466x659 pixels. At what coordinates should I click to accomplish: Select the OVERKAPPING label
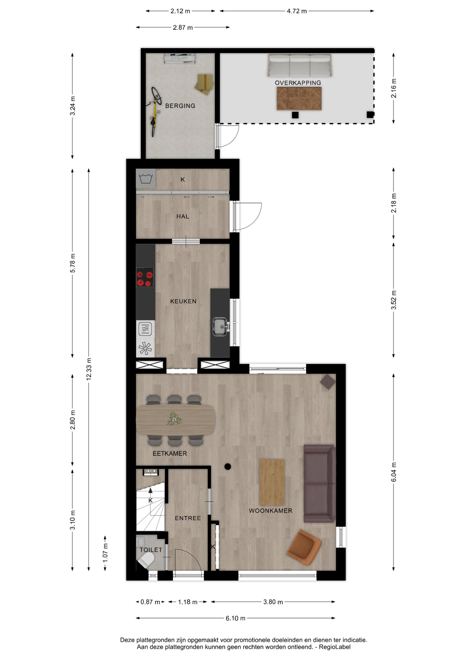(298, 83)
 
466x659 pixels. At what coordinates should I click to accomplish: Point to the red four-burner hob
(145, 277)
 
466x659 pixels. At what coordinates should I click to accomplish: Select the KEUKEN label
(183, 301)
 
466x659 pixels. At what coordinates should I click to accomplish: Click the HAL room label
(183, 216)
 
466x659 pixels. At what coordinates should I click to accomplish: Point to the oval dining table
(175, 419)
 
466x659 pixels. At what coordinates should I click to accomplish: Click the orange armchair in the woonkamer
(304, 547)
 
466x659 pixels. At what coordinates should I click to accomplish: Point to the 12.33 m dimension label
(89, 369)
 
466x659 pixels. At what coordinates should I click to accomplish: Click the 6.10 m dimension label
(236, 618)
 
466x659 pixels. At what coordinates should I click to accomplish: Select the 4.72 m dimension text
(297, 11)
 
